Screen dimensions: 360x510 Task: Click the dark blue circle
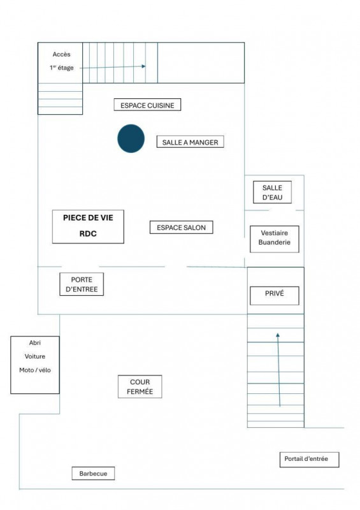pos(131,138)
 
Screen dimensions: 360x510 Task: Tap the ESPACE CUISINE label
pos(147,105)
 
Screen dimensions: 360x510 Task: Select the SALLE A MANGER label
pos(191,142)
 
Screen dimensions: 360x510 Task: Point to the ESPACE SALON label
pos(181,228)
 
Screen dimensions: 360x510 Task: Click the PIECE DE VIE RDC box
pos(88,226)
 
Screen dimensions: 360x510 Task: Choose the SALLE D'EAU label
pos(272,193)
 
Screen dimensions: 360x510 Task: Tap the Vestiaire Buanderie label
pos(274,238)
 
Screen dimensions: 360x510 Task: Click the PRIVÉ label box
pos(274,295)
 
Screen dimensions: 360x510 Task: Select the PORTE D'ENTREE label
pos(82,284)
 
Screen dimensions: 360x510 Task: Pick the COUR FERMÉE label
pos(140,386)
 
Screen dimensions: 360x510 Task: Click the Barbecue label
pos(93,473)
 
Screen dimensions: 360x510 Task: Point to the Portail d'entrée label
pos(309,459)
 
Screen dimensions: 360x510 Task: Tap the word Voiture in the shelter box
pos(35,356)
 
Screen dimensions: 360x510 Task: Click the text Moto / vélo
pos(35,370)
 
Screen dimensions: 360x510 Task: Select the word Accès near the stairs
pos(61,54)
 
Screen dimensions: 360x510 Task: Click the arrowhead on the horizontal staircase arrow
pos(143,66)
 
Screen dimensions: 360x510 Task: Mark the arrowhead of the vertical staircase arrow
pos(278,335)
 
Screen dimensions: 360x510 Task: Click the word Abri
pos(35,342)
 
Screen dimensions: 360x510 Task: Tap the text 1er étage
pos(61,68)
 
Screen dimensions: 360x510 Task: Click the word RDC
pos(88,233)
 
